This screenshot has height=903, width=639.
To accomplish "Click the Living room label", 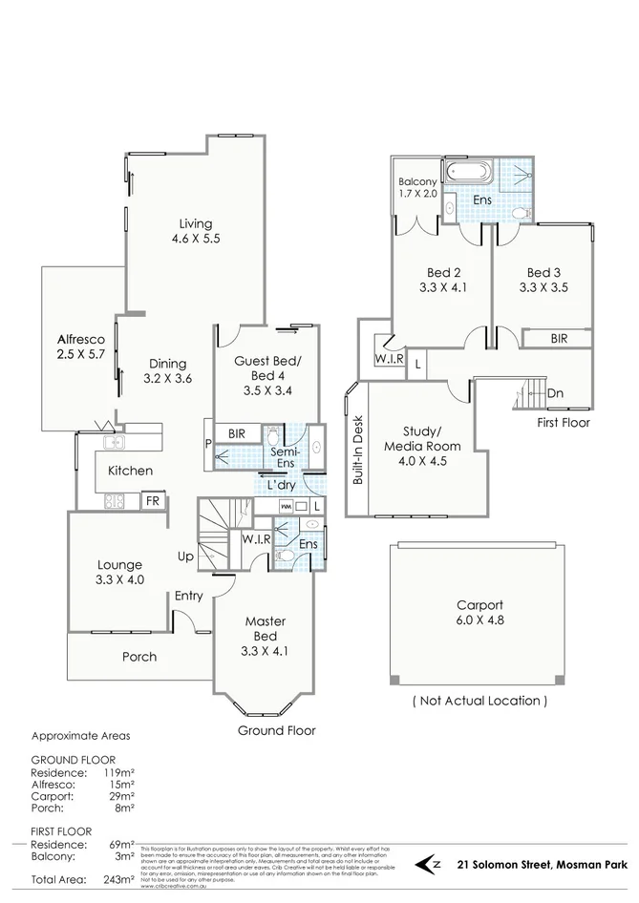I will point(196,232).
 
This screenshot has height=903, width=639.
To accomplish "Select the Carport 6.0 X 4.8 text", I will point(479,612).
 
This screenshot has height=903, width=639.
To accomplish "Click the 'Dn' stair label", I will point(555,393).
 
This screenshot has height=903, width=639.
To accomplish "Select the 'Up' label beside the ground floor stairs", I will point(186,556).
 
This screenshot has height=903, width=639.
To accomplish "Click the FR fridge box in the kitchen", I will point(151,501).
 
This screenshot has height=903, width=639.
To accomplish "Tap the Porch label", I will point(139,657).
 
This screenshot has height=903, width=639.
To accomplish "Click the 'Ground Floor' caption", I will point(276,730).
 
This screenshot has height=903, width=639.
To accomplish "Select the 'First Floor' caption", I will point(564,422).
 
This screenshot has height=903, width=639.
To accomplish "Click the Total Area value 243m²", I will point(118,879).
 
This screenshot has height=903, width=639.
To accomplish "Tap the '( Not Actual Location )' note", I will point(479,700).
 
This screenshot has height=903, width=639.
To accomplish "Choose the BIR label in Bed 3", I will point(562,338).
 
